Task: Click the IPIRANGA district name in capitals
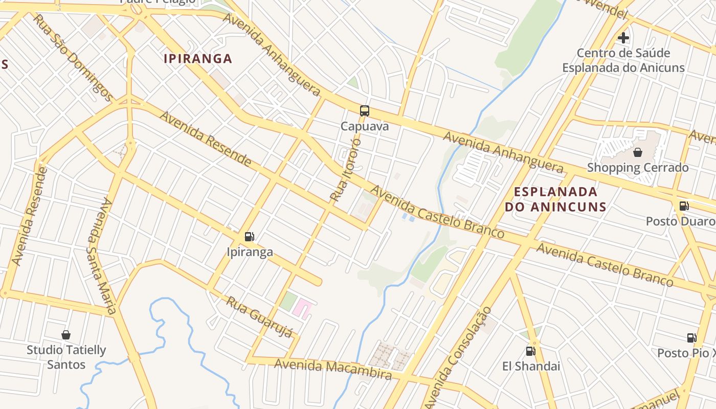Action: click(x=198, y=59)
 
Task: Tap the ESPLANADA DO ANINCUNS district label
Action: click(x=555, y=199)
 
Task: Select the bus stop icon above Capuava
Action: click(x=365, y=110)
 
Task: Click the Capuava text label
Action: click(x=365, y=126)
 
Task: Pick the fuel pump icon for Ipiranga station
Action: click(x=250, y=236)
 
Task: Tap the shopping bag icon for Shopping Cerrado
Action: click(x=638, y=152)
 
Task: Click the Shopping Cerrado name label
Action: click(x=638, y=168)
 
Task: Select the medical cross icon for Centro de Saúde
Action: click(x=623, y=37)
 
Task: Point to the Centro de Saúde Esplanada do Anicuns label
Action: click(x=623, y=60)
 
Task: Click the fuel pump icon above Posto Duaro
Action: click(x=684, y=206)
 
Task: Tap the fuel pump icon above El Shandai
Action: click(x=530, y=351)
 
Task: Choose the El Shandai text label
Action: click(x=531, y=367)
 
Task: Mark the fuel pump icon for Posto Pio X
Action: click(x=691, y=337)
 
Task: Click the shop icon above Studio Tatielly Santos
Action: click(x=66, y=335)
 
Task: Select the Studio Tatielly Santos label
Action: click(x=66, y=357)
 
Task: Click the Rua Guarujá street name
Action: click(x=260, y=317)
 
